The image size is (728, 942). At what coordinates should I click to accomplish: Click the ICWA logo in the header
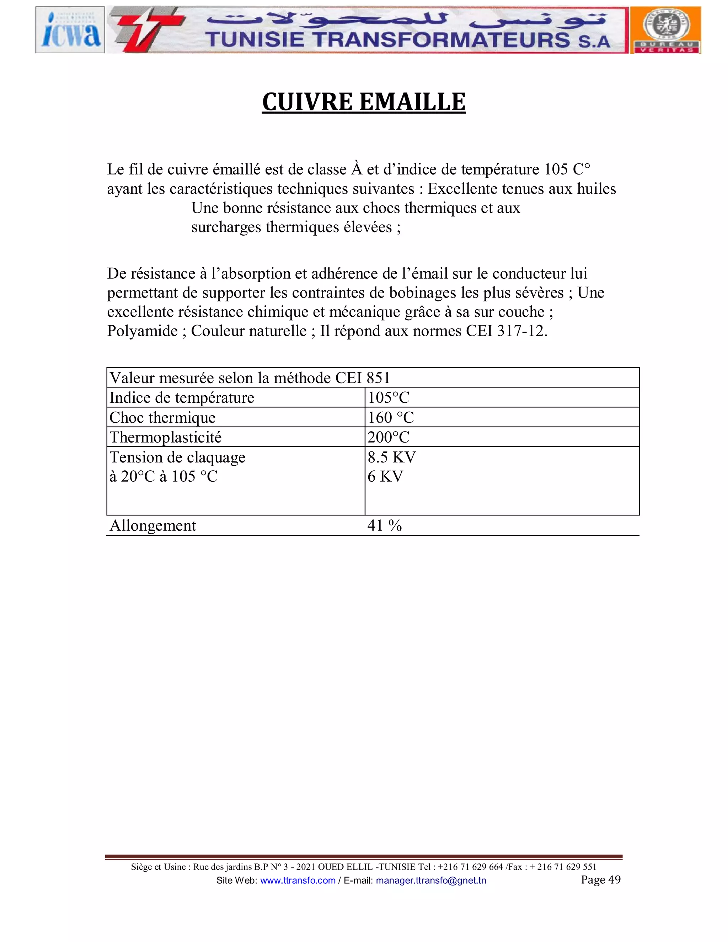[x=70, y=30]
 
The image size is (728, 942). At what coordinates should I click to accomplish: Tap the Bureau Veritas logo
[x=665, y=30]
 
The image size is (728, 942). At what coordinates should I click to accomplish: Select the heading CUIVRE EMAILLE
[x=364, y=102]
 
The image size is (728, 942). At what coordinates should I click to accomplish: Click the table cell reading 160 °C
[x=390, y=418]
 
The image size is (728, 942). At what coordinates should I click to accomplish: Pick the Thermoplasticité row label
[x=166, y=437]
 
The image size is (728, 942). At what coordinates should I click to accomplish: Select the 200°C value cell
[x=388, y=437]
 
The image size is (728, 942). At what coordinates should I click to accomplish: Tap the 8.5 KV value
[x=391, y=457]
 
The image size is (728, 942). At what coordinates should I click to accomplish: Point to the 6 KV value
[x=385, y=477]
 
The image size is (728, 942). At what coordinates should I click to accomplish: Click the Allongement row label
[x=152, y=526]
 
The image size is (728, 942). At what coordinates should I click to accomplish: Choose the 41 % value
[x=384, y=526]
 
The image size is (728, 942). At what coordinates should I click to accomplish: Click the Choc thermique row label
[x=162, y=418]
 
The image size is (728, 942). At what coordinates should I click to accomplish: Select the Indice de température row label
[x=182, y=398]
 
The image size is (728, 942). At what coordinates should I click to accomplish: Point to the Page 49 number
[x=600, y=880]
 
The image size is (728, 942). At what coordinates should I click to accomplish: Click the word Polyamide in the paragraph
[x=142, y=331]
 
